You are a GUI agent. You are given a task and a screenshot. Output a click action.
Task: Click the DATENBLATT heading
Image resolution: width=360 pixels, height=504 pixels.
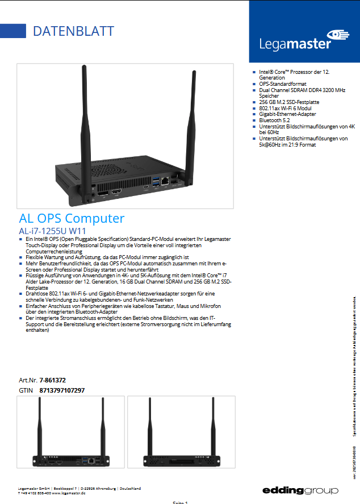click(73, 31)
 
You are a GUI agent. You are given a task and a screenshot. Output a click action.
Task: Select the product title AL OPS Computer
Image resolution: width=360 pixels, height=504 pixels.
click(72, 218)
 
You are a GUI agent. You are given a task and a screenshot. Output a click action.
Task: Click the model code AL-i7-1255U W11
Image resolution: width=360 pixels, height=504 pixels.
click(52, 231)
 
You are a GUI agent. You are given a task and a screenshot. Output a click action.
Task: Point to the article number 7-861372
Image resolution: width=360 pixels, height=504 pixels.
click(53, 380)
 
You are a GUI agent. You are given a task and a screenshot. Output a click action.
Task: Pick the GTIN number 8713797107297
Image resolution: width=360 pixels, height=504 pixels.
click(62, 390)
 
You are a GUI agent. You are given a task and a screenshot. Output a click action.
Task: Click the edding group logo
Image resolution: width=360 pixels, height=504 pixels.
click(300, 490)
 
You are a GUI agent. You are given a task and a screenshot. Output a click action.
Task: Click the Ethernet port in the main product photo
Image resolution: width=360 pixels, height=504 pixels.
click(165, 181)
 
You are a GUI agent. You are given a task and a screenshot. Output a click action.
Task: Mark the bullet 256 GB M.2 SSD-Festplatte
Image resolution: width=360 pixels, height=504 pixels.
click(289, 102)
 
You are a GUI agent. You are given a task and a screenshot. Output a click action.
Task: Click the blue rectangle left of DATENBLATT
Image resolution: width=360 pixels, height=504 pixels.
click(13, 31)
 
